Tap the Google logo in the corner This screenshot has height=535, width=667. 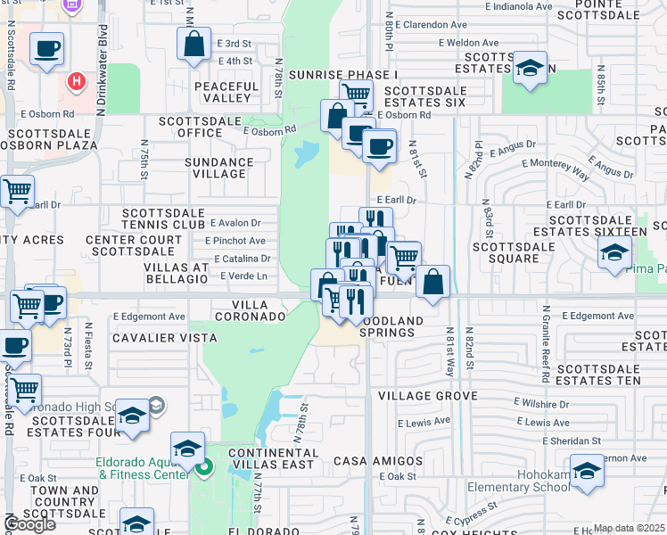point(29,524)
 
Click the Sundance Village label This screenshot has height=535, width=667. point(218,169)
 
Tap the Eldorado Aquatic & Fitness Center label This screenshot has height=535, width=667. point(143,469)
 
